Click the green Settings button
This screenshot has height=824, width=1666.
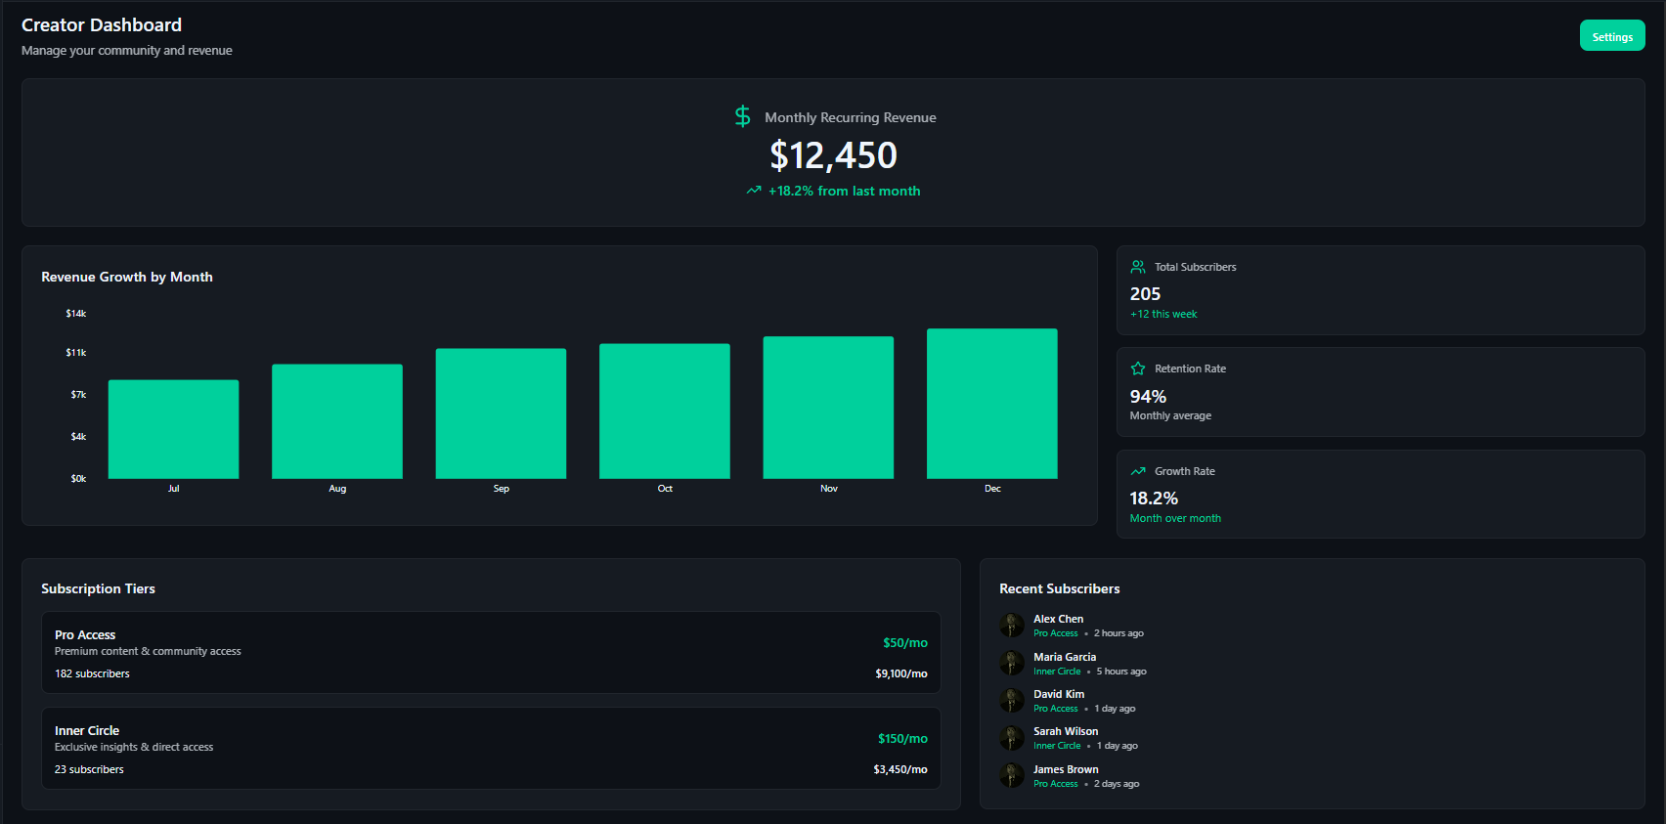[1611, 36]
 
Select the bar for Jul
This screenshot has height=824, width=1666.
[173, 429]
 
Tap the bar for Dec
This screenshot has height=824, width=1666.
[991, 404]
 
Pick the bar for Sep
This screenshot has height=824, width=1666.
[501, 413]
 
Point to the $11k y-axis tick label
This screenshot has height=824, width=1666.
[76, 353]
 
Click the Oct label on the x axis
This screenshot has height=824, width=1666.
[665, 489]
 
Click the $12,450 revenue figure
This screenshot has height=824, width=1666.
[833, 155]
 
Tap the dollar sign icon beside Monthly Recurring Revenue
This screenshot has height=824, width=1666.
[743, 116]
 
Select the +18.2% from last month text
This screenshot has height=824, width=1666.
[844, 191]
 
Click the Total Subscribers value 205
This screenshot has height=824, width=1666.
[1145, 294]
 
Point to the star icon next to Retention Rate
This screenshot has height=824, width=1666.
[1138, 369]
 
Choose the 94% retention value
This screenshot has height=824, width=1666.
[1148, 397]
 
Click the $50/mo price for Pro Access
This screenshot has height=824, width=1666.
[904, 643]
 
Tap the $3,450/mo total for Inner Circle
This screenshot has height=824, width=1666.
[899, 770]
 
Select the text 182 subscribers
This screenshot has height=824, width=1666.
[92, 673]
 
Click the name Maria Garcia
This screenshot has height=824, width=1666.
[1064, 657]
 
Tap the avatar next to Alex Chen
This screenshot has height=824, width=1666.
[1012, 626]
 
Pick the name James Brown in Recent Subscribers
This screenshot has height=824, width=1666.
[1066, 769]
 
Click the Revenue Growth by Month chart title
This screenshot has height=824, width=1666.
[127, 277]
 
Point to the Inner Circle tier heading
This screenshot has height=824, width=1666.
[87, 731]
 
